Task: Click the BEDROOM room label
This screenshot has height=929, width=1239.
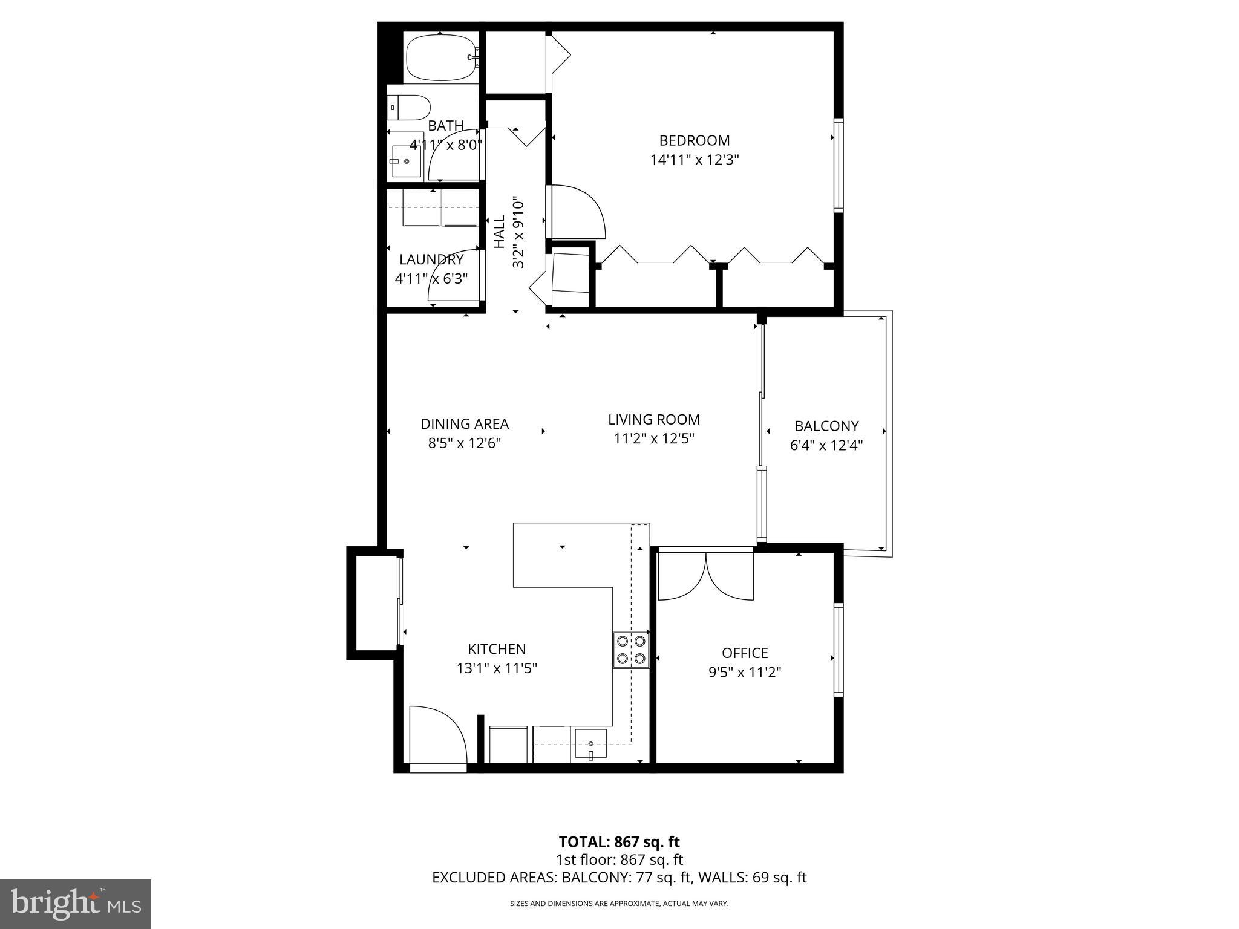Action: pos(694,140)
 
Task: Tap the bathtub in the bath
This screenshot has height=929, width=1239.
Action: pos(440,58)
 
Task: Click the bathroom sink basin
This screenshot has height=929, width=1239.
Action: pos(407,161)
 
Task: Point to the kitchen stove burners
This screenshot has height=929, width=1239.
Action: pos(631,649)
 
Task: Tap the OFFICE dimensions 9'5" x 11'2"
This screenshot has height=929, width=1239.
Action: pos(745,673)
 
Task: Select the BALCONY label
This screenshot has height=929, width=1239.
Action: pos(826,426)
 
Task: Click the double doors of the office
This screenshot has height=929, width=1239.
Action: pos(705,578)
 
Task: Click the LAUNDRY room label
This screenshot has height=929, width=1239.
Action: pos(431,259)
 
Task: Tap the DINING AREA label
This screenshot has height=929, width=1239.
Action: pos(465,423)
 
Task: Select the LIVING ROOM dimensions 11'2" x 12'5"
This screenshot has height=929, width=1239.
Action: pos(654,438)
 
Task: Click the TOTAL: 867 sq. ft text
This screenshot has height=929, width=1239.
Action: pos(619,841)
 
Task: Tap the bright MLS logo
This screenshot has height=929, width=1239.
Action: pos(76,904)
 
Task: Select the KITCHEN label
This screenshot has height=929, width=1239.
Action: pos(497,649)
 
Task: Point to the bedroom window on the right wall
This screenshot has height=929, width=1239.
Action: pos(839,165)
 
